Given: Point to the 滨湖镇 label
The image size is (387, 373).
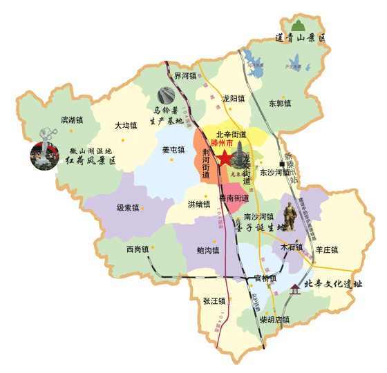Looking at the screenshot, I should [71, 119].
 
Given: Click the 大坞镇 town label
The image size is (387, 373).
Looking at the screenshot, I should [126, 126].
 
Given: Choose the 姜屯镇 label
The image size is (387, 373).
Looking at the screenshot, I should [173, 149].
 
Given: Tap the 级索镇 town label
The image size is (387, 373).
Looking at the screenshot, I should [128, 207].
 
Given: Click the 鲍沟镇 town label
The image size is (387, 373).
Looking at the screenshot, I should [208, 250].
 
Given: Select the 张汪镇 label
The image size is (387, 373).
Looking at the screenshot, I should [214, 301].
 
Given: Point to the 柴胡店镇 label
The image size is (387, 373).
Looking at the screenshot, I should [274, 320].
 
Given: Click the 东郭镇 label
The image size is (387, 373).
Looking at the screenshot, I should [280, 104].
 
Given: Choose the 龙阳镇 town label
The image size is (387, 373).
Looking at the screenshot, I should [234, 99].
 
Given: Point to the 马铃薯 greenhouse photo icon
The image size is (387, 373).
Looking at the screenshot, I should [167, 95].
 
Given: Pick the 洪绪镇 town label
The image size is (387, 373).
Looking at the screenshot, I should [198, 204].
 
